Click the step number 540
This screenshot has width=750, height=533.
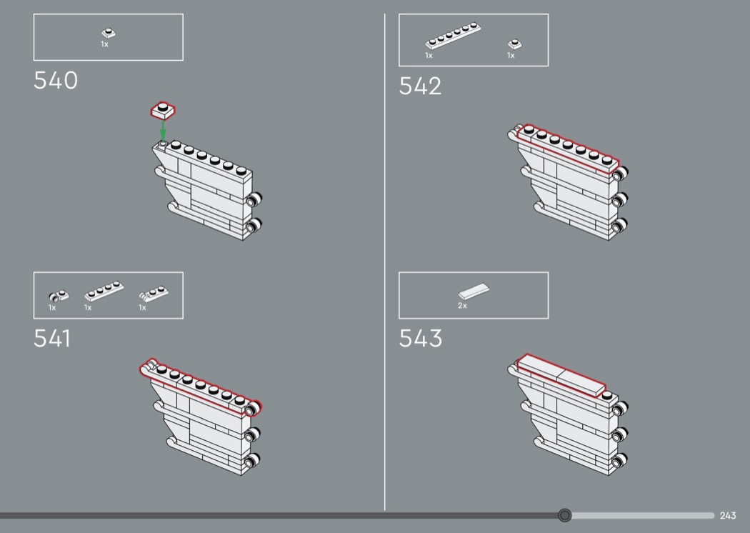pos(56,81)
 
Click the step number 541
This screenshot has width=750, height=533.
pos(52,339)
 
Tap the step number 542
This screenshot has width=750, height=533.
pos(420,86)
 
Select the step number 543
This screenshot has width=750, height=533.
pos(421,339)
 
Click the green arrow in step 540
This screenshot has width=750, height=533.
pos(163,129)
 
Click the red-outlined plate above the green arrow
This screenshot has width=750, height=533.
pos(163,111)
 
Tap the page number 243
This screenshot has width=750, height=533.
pos(728,515)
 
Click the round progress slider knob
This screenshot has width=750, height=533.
pos(564,515)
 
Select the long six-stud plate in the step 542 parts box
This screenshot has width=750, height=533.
pos(453,36)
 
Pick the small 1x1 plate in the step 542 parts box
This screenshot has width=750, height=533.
pos(515,44)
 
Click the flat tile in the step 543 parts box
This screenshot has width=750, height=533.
pos(474,291)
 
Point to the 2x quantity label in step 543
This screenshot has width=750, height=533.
pos(462,305)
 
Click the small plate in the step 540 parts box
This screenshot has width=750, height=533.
pos(109,33)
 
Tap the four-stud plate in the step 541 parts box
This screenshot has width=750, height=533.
pos(104,291)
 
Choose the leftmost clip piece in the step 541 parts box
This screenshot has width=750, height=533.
pos(59,297)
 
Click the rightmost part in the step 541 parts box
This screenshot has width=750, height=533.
pos(153,293)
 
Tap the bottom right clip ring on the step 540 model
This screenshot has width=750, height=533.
pos(253,225)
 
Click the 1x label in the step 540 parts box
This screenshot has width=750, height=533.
pos(104,44)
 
